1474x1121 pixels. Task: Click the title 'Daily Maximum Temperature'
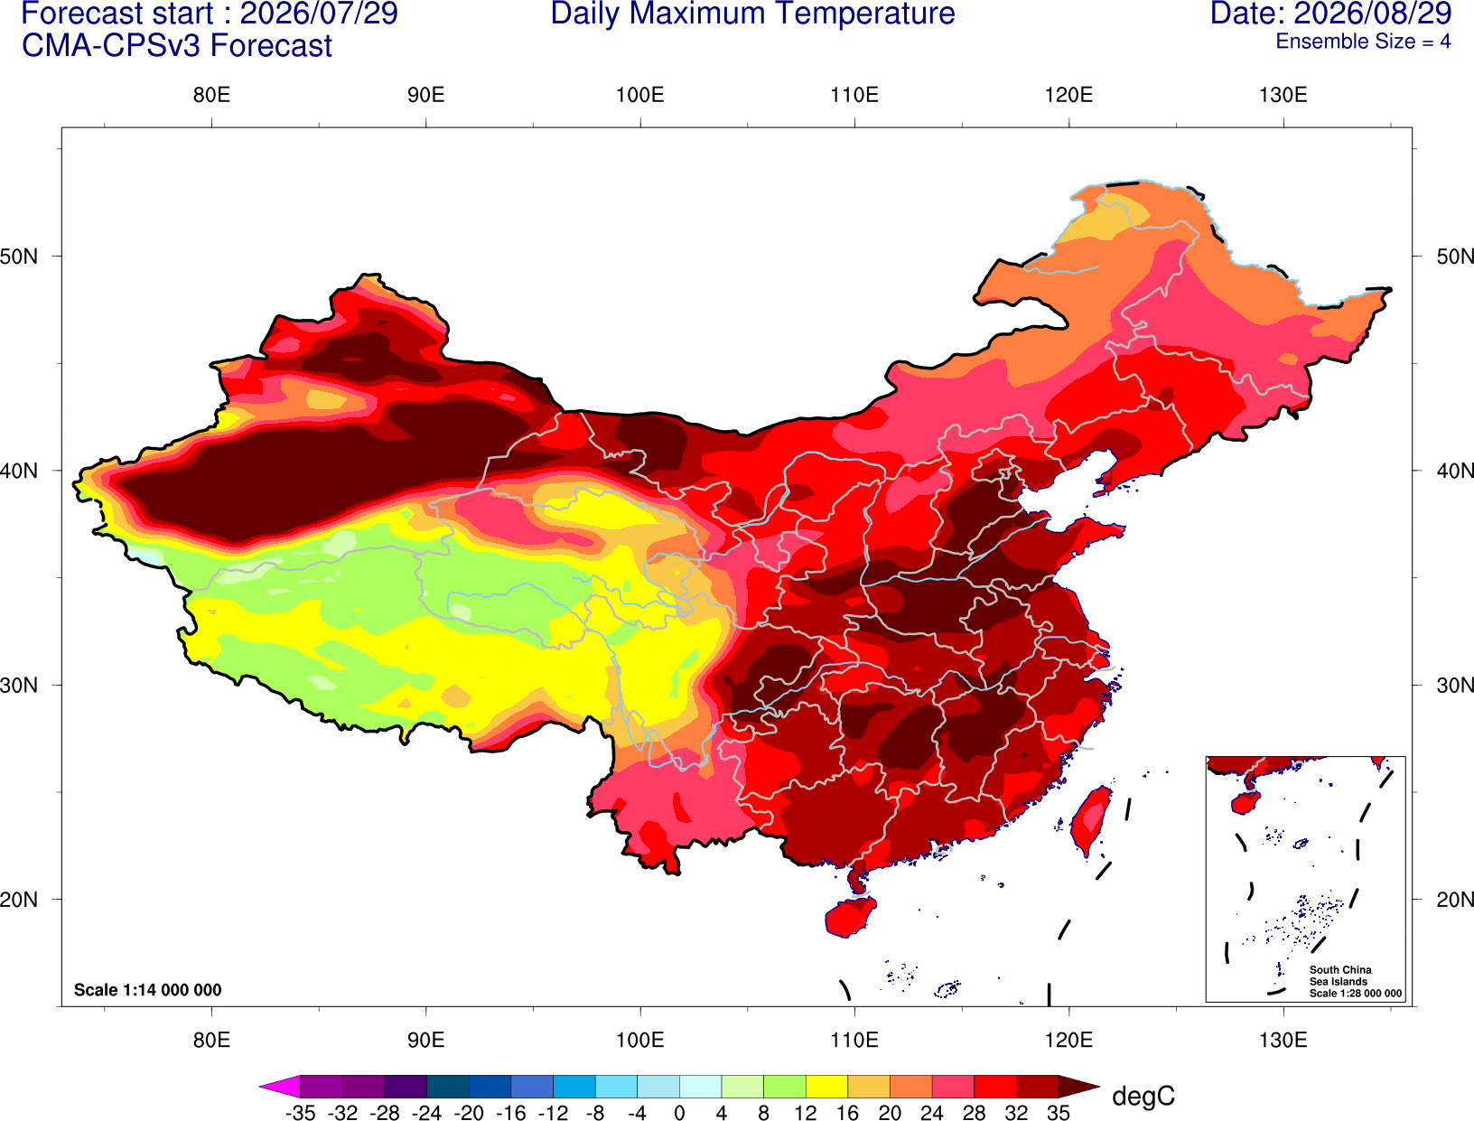[x=752, y=14]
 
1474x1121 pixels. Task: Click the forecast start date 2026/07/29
[x=318, y=14]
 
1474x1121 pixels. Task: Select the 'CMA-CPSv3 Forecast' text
[x=177, y=46]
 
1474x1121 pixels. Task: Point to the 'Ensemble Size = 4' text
[x=1363, y=42]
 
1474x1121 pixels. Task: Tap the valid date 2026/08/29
[x=1373, y=14]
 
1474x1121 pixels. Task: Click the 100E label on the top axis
[x=640, y=95]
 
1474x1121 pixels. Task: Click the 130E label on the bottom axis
[x=1283, y=1041]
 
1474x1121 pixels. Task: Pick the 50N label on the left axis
[x=19, y=257]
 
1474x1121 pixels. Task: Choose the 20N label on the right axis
[x=1454, y=900]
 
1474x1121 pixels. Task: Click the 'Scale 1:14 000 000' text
[x=147, y=990]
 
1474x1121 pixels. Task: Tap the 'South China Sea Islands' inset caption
[x=1340, y=976]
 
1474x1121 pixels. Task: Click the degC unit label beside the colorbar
[x=1143, y=1096]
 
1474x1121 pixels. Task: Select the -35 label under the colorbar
[x=300, y=1113]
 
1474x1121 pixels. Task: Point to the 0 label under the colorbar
[x=679, y=1113]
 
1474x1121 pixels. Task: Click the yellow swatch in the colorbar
[x=826, y=1086]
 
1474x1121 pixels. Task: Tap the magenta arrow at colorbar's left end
[x=279, y=1086]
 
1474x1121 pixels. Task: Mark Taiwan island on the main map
[x=1090, y=821]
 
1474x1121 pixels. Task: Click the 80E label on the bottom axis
[x=211, y=1041]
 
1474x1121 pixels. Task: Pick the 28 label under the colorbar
[x=974, y=1113]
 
